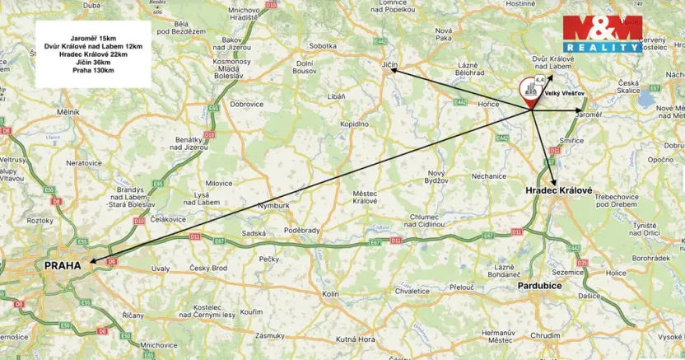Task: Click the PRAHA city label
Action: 63,265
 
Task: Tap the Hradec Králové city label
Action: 559,190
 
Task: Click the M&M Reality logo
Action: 602,35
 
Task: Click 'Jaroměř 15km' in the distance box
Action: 92,37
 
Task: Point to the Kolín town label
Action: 331,293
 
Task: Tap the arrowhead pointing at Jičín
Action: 393,72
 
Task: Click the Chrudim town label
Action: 544,335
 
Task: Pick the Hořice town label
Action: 489,105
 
